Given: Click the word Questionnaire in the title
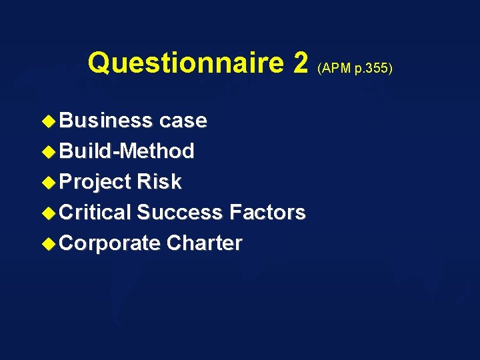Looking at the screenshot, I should coord(185,63).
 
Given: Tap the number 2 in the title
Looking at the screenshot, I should coord(300,63).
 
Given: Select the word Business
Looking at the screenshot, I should coord(106,121).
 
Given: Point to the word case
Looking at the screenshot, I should coord(183,121).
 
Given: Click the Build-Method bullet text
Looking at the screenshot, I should coord(127,151).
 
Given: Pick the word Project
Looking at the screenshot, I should coord(96,182).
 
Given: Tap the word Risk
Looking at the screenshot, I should coord(159,182).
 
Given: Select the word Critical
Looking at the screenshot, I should coord(96,213).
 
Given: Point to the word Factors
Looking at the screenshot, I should coord(267,213).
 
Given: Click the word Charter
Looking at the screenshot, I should coord(204,243).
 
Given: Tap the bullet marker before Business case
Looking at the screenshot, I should coord(51,121).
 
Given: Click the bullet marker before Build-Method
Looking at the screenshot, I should coord(51,151).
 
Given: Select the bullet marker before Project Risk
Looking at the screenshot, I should coord(51,182).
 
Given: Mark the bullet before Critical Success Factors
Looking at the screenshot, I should coord(51,213).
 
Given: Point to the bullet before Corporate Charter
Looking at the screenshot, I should coord(51,243).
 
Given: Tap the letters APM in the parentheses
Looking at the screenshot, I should coord(335,67).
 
